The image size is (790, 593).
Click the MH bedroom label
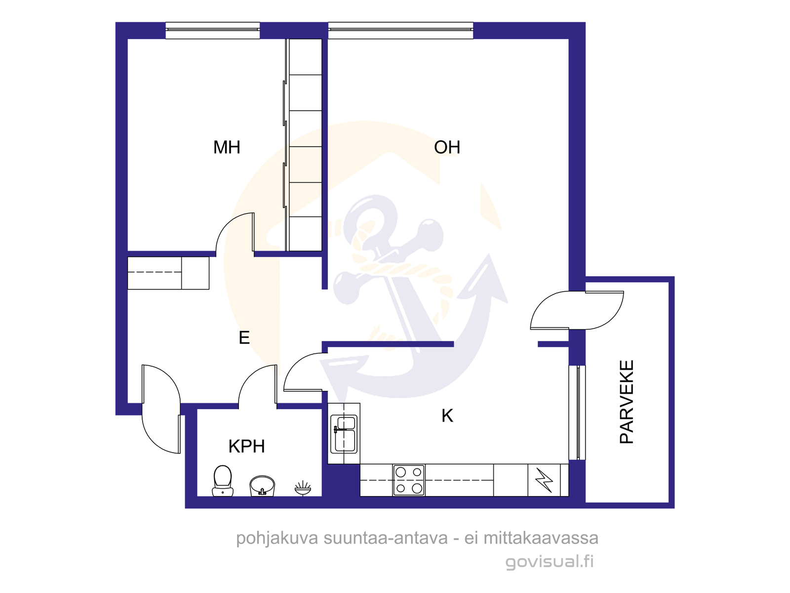[226, 147]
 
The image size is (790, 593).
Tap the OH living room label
[447, 147]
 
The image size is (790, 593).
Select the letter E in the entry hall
[244, 338]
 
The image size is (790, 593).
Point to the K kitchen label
[447, 416]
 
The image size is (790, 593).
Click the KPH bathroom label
[246, 446]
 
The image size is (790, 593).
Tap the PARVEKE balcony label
[627, 402]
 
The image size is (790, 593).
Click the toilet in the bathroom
[222, 481]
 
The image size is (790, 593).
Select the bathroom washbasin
[262, 486]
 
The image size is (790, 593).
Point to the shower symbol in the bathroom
[303, 488]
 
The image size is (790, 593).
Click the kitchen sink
[344, 434]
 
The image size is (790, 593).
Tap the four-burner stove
[409, 480]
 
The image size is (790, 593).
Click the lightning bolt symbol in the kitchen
[544, 480]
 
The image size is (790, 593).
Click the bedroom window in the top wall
[213, 30]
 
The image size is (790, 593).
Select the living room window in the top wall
[400, 30]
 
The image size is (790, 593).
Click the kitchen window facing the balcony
[577, 413]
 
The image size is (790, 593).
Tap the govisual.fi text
[550, 562]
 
